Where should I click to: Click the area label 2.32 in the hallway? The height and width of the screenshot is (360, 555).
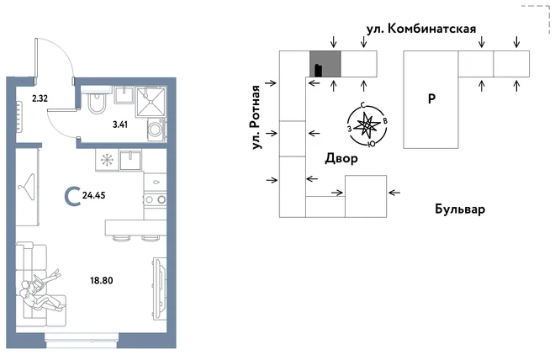click(40, 98)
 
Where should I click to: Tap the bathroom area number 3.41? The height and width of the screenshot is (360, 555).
click(120, 124)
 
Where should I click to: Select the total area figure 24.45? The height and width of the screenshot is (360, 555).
click(94, 195)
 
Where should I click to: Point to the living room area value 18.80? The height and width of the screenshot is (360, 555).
click(102, 281)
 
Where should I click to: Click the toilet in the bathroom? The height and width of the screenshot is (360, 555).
click(96, 100)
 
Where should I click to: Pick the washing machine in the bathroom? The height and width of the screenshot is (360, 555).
click(156, 130)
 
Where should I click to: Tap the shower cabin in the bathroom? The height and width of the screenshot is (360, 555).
click(151, 102)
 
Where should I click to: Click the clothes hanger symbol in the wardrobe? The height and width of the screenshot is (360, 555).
click(28, 187)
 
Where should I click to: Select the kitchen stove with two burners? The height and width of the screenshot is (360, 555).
click(155, 199)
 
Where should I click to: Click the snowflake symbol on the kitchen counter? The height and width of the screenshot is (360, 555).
click(107, 160)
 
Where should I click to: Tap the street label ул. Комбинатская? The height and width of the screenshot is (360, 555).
click(421, 29)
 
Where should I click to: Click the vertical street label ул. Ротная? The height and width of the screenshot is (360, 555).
click(256, 117)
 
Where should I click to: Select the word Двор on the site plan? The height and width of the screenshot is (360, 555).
click(341, 158)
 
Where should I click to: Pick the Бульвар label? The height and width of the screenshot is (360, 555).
click(460, 209)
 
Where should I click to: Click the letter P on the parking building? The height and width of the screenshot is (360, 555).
click(431, 98)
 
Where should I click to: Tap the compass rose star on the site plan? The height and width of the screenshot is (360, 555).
click(367, 125)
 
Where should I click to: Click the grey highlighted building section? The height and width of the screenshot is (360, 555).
click(325, 64)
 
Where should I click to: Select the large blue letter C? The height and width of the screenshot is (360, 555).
click(72, 196)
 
